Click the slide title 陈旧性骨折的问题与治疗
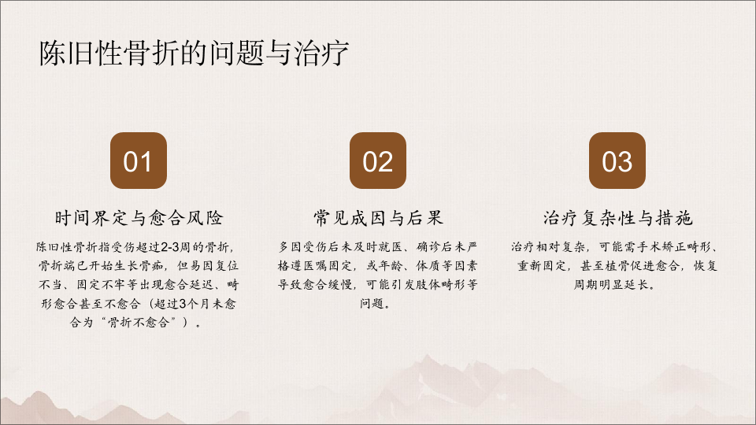pos(194,53)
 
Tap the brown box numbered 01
pos(139,161)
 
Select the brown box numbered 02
pos(377,161)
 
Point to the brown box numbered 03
pos(617,161)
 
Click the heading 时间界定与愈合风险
pos(139,218)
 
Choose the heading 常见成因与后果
pos(378,218)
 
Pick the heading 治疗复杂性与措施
pos(617,218)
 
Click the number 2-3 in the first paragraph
pos(170,247)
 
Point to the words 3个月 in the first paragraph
pos(196,304)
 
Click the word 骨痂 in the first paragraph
pos(150,266)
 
